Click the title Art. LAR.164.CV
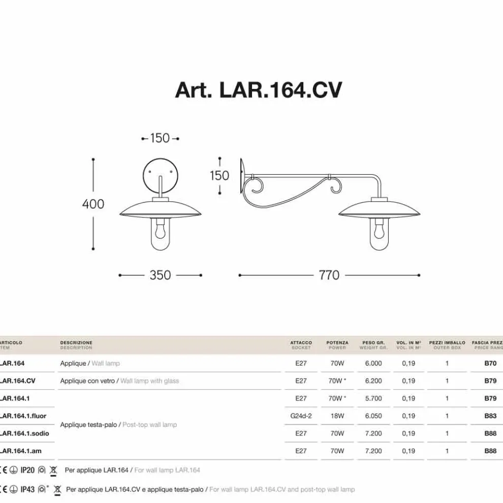(258, 90)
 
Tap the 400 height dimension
(93, 204)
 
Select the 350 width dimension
(160, 275)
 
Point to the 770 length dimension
(329, 275)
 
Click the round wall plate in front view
(160, 173)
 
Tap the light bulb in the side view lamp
(379, 231)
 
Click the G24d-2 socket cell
(301, 416)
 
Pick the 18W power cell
(337, 416)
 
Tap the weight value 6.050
(373, 416)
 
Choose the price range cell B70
(490, 363)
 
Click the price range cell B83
(490, 416)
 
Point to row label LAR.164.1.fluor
(24, 416)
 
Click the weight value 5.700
(373, 398)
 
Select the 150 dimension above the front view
(160, 138)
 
